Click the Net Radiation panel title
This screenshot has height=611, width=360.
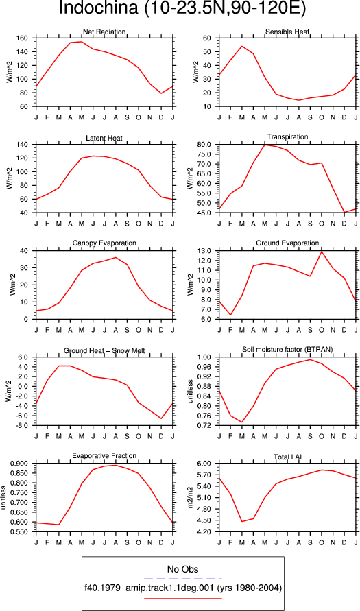pyautogui.click(x=104, y=32)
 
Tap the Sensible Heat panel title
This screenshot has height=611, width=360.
pyautogui.click(x=287, y=32)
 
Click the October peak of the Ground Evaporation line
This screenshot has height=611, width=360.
pyautogui.click(x=322, y=252)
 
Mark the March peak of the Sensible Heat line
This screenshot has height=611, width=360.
pyautogui.click(x=241, y=46)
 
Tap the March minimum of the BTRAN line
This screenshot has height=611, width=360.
pyautogui.click(x=241, y=422)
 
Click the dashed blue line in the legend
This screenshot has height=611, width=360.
pyautogui.click(x=182, y=579)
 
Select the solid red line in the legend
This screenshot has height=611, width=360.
pyautogui.click(x=182, y=598)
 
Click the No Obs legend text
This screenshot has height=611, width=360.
pyautogui.click(x=182, y=570)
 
